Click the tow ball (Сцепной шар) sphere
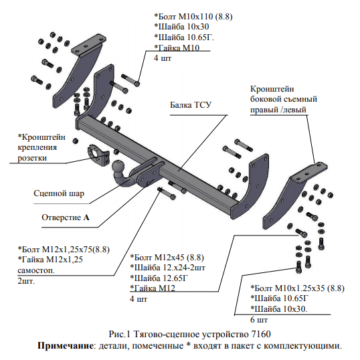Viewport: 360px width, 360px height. click(x=118, y=167)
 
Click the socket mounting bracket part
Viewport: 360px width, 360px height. click(x=98, y=155)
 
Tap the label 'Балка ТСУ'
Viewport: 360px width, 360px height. click(x=191, y=105)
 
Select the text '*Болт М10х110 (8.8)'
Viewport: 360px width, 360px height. click(x=193, y=17)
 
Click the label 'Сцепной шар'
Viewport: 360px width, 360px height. click(x=59, y=193)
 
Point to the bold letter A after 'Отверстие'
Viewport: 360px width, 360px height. click(x=86, y=217)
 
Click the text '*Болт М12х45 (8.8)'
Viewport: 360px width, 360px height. click(x=167, y=258)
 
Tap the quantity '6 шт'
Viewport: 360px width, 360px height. click(x=259, y=320)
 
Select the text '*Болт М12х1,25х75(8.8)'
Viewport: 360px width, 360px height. click(x=64, y=250)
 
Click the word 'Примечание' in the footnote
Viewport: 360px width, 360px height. click(x=66, y=345)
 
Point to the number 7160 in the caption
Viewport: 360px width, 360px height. click(x=261, y=334)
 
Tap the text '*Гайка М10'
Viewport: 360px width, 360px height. click(x=177, y=48)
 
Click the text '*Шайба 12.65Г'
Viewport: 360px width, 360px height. click(x=159, y=278)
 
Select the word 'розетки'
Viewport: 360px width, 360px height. click(x=32, y=158)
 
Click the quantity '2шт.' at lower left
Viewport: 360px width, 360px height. click(x=26, y=281)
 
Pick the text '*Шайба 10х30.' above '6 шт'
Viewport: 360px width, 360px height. click(x=279, y=308)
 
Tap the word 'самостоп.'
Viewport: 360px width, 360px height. click(x=36, y=270)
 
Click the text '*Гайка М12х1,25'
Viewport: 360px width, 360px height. click(x=50, y=260)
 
